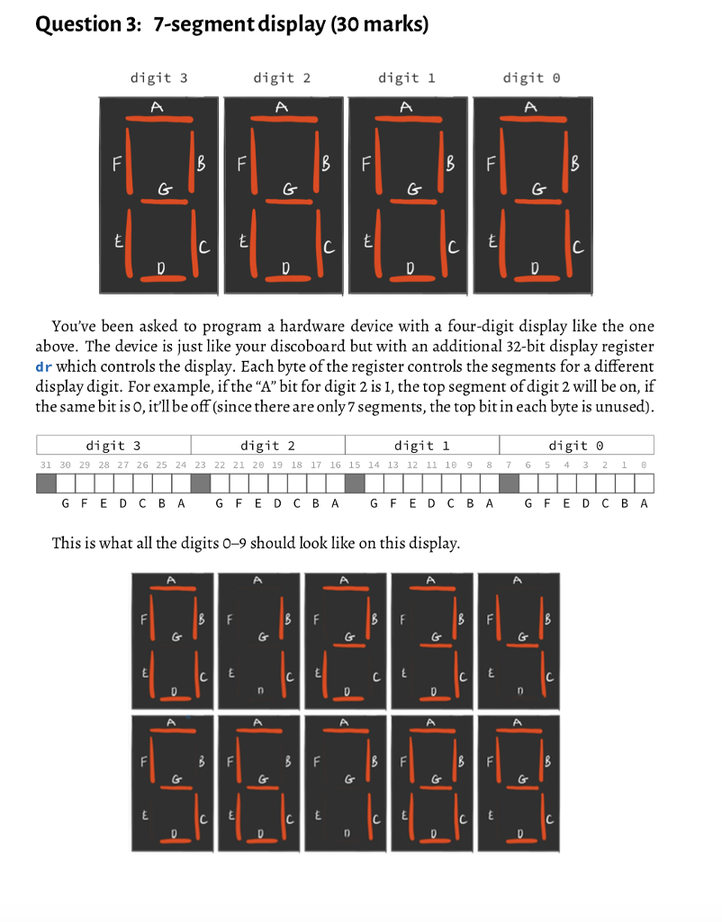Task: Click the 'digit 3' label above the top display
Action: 158,78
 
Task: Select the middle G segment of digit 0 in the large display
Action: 533,200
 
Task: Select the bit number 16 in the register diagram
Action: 336,465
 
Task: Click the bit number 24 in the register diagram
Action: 181,465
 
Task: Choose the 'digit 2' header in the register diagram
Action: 267,445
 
